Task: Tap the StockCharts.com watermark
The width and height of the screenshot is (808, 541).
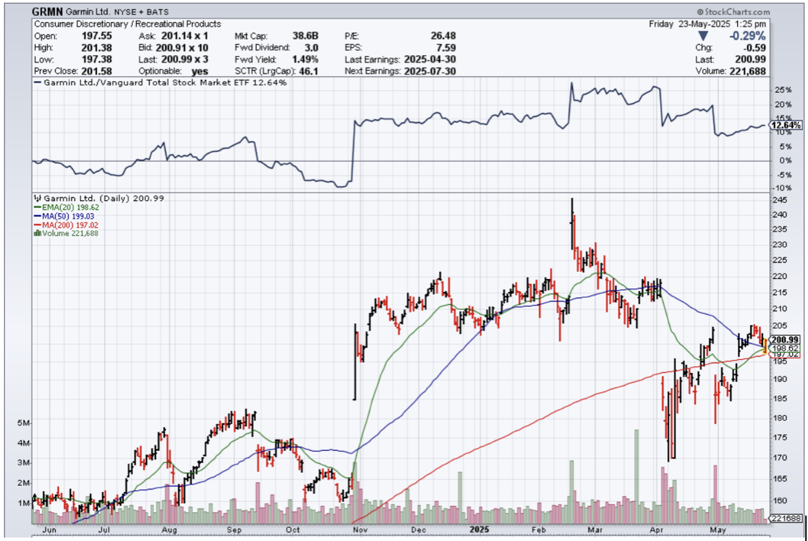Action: click(x=733, y=12)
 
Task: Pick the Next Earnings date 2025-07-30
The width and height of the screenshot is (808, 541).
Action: click(x=431, y=71)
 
